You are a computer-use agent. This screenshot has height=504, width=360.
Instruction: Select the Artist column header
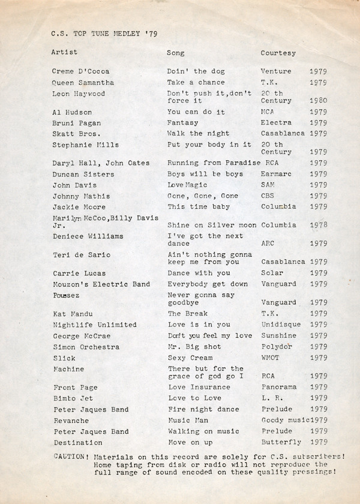(64, 53)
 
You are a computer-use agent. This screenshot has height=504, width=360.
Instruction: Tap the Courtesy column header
(278, 53)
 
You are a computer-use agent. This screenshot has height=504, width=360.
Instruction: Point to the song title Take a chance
(196, 82)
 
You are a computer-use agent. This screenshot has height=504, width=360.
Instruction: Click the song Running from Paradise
(213, 163)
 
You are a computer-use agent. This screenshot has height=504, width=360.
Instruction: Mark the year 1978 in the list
(318, 225)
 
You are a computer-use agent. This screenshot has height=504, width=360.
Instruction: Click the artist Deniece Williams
(88, 236)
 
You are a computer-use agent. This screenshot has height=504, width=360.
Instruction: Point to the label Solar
(272, 273)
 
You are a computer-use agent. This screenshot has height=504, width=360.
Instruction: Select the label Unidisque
(281, 325)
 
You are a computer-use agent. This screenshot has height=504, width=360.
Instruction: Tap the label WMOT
(271, 358)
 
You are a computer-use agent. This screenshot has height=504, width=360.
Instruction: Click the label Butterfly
(281, 442)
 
